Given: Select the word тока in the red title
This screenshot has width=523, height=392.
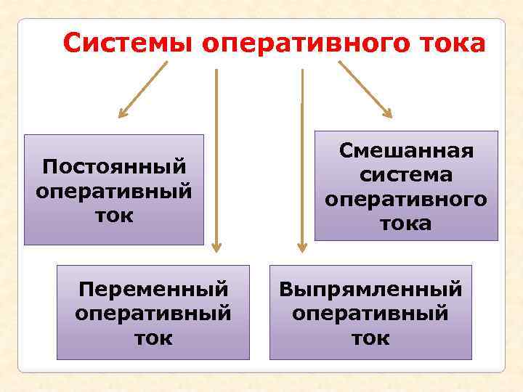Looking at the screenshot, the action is (x=450, y=44).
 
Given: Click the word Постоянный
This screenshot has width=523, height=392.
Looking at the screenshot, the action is (x=114, y=167).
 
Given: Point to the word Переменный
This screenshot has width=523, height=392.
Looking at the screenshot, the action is (x=153, y=290).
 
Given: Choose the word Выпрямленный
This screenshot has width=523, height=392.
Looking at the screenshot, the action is (x=370, y=290).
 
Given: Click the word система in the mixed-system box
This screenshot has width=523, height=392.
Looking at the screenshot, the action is (x=406, y=175).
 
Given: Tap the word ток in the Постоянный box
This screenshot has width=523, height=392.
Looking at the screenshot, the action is (x=114, y=216).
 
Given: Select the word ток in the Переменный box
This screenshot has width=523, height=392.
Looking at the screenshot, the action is (x=153, y=338).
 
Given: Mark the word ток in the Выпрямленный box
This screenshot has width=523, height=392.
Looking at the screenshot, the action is (x=370, y=338).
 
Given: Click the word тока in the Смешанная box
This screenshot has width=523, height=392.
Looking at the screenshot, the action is (x=406, y=223).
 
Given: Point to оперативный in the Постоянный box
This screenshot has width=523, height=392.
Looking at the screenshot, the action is (x=114, y=192).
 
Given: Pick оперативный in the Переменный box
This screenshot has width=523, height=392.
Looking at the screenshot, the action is (x=153, y=314).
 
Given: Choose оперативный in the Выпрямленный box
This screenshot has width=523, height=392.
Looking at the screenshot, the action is (x=370, y=314).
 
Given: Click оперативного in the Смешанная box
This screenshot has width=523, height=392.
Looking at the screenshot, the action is (x=406, y=199).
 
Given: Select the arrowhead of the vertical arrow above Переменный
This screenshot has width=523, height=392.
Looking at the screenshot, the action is (x=215, y=248).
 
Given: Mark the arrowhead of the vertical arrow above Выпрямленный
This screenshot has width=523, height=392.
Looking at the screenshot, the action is (x=301, y=248).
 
